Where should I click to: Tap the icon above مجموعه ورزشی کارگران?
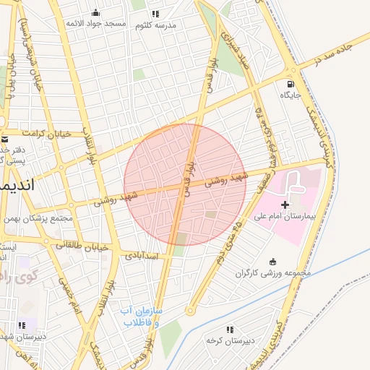pos(272,262)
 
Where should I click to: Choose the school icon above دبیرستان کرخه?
pos(230,330)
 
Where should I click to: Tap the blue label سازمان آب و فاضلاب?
pos(142,316)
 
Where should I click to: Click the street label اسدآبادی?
pos(141,255)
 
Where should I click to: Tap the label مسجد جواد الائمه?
pos(96,24)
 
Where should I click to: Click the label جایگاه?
pos(290,95)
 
